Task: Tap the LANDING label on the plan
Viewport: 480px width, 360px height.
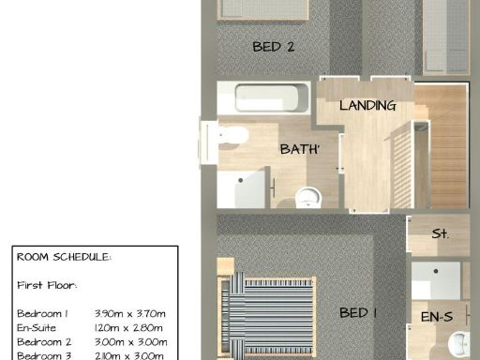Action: [x=367, y=105]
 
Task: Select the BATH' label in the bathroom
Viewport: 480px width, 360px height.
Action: [x=300, y=149]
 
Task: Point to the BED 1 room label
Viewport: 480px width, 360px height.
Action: [x=357, y=312]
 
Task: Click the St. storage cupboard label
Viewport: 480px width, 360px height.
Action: [x=439, y=233]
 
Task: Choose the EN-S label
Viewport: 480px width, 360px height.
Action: [x=436, y=319]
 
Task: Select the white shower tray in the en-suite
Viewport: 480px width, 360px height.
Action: [x=438, y=279]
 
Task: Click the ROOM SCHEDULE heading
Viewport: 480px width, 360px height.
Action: [x=64, y=256]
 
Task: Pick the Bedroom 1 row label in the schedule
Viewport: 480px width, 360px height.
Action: [x=43, y=312]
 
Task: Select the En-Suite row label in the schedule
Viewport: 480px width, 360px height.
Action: [x=37, y=327]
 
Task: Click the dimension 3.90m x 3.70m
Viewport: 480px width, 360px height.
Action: [x=129, y=312]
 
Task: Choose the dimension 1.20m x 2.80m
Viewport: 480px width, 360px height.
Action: [x=129, y=327]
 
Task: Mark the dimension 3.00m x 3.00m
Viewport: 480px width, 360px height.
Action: [x=129, y=342]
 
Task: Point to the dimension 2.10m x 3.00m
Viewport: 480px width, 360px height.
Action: [x=129, y=356]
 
